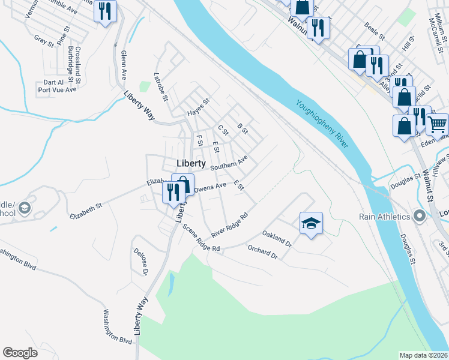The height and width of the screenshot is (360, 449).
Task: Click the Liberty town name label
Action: [x=191, y=164]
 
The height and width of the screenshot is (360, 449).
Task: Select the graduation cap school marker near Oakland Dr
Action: [x=310, y=223]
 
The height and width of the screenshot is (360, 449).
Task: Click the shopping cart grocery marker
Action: [x=438, y=124]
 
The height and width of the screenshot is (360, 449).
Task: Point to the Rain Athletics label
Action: [x=385, y=217]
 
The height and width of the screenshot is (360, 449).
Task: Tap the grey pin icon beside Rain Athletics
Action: [x=420, y=216]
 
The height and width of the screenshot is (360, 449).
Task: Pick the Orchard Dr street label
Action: [x=262, y=253]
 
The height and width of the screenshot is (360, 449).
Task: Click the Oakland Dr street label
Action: [x=277, y=239]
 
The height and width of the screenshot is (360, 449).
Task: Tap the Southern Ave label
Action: [x=229, y=163]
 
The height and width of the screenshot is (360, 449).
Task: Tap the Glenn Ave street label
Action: [x=124, y=65]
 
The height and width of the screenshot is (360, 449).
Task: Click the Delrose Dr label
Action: [x=140, y=262]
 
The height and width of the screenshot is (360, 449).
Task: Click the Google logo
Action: [x=20, y=353]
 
